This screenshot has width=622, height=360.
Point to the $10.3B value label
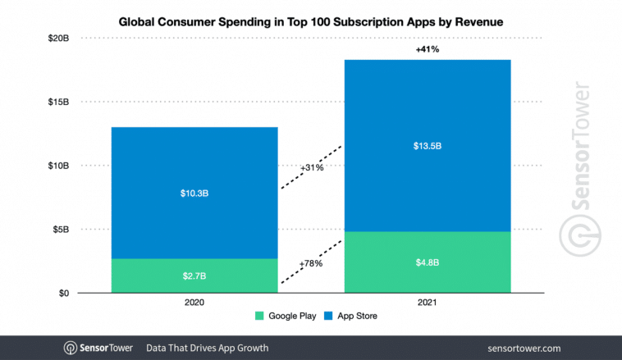194,194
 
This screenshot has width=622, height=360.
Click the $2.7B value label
194,276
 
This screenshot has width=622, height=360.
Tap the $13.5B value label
427,146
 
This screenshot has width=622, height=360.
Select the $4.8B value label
427,262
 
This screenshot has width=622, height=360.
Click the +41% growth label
427,48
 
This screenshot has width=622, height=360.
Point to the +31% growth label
311,167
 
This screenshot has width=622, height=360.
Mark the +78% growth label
311,264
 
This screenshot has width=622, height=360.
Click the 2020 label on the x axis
194,302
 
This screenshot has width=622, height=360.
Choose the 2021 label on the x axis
427,302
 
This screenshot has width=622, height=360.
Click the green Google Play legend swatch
261,316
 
